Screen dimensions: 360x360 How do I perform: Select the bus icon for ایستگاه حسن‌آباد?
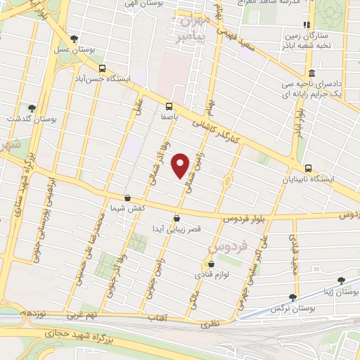coord(103,69)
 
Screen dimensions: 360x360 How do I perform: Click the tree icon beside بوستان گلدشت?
coord(31,108)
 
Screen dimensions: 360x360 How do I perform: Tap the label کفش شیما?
coord(127,209)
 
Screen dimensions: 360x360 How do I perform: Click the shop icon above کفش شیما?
coord(127,199)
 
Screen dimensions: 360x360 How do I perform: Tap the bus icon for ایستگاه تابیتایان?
coord(308,167)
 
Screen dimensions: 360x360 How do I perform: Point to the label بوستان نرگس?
coord(292,309)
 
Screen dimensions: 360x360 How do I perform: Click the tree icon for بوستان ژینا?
coord(340,280)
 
